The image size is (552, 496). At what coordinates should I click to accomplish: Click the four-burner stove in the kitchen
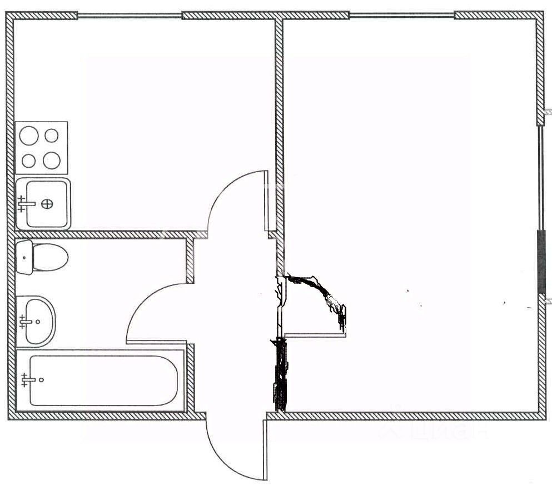pos(41,148)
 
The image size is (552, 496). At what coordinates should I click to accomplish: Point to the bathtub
pos(103,380)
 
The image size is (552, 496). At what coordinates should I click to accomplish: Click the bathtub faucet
pos(26,380)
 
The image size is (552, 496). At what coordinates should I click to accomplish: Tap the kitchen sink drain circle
pos(48,204)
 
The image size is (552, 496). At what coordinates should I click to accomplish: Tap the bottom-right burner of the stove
pos(52,161)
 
